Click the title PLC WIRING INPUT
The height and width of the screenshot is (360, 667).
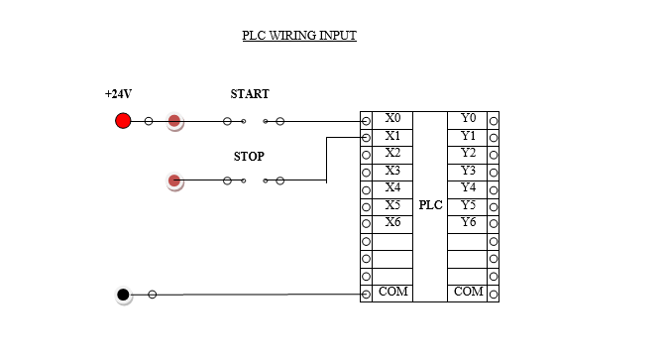[x=299, y=36]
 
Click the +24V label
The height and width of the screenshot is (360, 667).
[x=118, y=94]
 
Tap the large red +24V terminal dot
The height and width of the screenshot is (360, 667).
[x=123, y=121]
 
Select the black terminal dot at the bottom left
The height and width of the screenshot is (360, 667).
[x=123, y=295]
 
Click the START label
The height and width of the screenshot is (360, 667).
[x=250, y=94]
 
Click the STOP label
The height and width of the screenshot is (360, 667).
[x=249, y=157]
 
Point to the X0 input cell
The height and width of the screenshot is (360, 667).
[x=392, y=119]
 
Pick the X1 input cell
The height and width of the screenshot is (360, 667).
[x=392, y=136]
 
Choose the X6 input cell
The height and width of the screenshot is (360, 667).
[x=392, y=222]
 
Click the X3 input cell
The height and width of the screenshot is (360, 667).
[x=392, y=171]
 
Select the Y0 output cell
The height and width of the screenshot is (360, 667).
[x=468, y=119]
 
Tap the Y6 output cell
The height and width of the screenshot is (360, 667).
[x=468, y=222]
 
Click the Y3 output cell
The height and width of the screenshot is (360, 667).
[x=468, y=171]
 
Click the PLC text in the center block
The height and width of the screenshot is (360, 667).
[x=430, y=205]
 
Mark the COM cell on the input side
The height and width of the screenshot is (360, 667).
[x=392, y=293]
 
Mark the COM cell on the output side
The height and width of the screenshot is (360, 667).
[x=468, y=293]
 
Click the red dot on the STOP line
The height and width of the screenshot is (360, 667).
[x=174, y=180]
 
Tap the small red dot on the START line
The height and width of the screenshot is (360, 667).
[x=174, y=121]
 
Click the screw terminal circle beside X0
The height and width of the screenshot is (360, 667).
[x=366, y=120]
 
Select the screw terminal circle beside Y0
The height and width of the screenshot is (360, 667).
[x=493, y=120]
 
